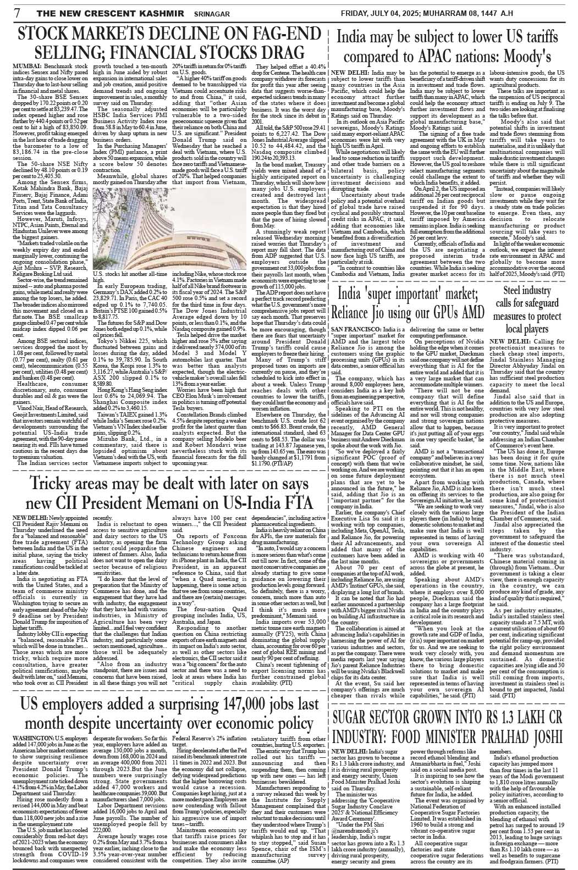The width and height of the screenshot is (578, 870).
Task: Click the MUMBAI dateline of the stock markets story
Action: coord(32,66)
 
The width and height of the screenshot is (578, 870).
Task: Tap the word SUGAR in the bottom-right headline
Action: coord(361,716)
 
